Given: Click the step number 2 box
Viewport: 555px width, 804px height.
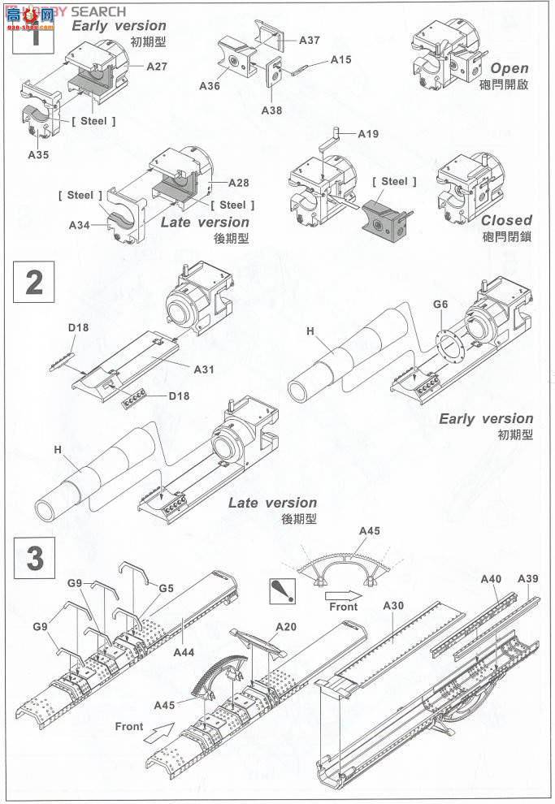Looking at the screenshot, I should [34, 283].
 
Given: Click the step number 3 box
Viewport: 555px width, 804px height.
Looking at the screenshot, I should [34, 559].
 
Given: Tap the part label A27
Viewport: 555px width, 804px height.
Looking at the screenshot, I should [157, 67].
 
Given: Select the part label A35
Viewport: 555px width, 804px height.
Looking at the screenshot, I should [38, 153].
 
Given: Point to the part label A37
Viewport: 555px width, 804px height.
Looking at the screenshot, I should [310, 41].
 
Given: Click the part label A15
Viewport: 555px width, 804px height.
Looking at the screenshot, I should [341, 60].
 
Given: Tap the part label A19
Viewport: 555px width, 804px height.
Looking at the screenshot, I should [367, 135].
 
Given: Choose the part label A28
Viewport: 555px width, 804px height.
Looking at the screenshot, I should [239, 183].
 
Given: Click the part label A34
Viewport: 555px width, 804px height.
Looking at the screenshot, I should [80, 224].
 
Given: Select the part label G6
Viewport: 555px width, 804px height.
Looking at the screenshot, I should [440, 305].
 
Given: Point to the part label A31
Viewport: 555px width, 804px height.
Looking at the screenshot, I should [204, 369].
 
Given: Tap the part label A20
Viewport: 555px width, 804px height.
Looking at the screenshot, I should [286, 627].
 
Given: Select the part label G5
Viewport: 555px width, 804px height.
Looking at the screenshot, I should [167, 588].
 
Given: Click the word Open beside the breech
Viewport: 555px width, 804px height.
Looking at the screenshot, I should [509, 69].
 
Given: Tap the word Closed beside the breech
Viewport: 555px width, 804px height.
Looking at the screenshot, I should [506, 220].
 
